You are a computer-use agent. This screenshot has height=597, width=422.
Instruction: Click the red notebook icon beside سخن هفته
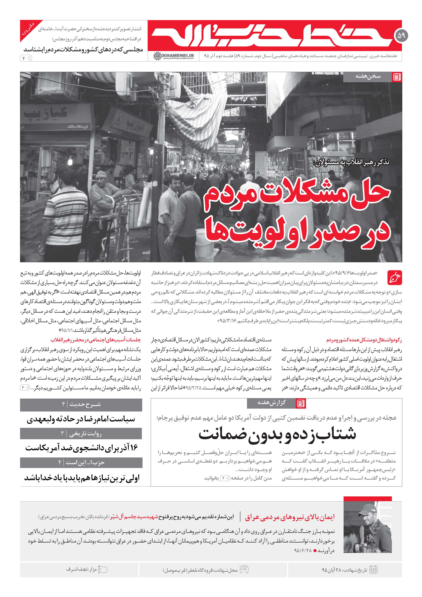[397, 77]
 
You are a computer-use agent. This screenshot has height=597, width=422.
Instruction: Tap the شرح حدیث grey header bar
[81, 405]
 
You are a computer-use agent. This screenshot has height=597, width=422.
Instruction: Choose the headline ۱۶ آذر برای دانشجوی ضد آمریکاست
[81, 448]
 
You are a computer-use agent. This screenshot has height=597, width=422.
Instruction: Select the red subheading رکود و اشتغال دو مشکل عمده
[364, 340]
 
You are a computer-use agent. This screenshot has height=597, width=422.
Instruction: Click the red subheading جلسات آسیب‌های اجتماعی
[96, 340]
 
